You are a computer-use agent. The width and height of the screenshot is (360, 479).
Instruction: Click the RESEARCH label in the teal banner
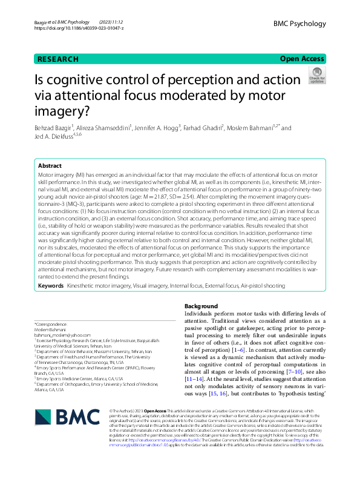coord(58,59)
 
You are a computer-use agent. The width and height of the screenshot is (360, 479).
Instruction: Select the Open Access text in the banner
coord(302,59)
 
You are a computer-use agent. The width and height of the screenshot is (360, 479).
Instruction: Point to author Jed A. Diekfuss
coord(56,137)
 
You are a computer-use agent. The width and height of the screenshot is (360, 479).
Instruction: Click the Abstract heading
coord(50,165)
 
